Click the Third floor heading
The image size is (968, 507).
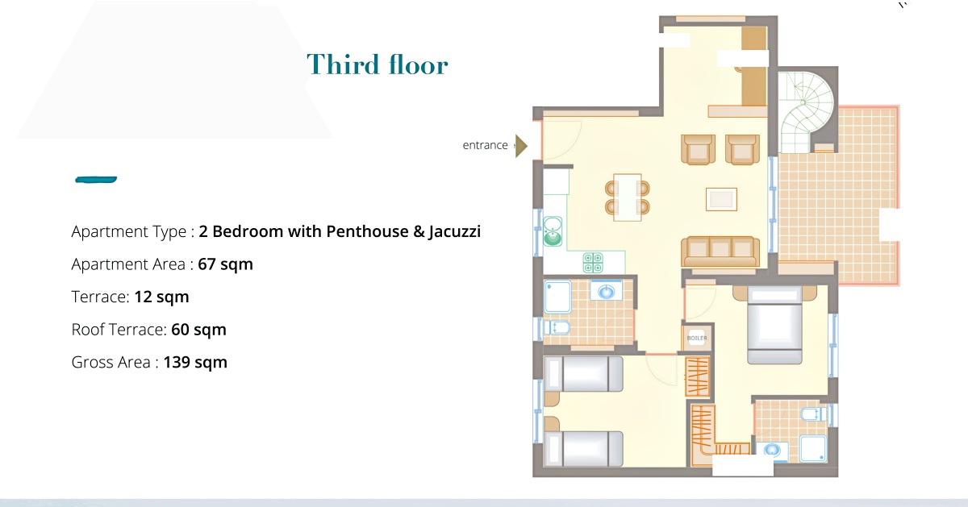point(378,64)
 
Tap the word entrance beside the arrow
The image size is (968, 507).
point(485,145)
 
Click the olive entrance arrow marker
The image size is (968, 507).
point(522,146)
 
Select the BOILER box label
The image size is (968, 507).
point(697,338)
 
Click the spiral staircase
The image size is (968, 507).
point(805,111)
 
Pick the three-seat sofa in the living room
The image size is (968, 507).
point(720,251)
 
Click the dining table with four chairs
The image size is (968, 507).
point(627,197)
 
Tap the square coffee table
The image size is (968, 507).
point(721,199)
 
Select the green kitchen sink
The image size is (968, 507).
point(553,231)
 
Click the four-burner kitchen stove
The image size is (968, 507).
point(592,263)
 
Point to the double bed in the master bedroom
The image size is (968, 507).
point(774,325)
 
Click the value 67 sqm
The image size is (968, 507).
point(225,264)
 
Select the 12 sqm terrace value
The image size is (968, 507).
point(161,297)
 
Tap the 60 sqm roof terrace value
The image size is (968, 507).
point(198,330)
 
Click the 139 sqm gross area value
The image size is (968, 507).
point(195,363)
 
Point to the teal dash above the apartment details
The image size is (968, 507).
point(96,180)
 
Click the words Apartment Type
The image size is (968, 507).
point(129,232)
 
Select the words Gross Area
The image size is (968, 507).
point(111,363)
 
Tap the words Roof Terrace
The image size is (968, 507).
point(118,330)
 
